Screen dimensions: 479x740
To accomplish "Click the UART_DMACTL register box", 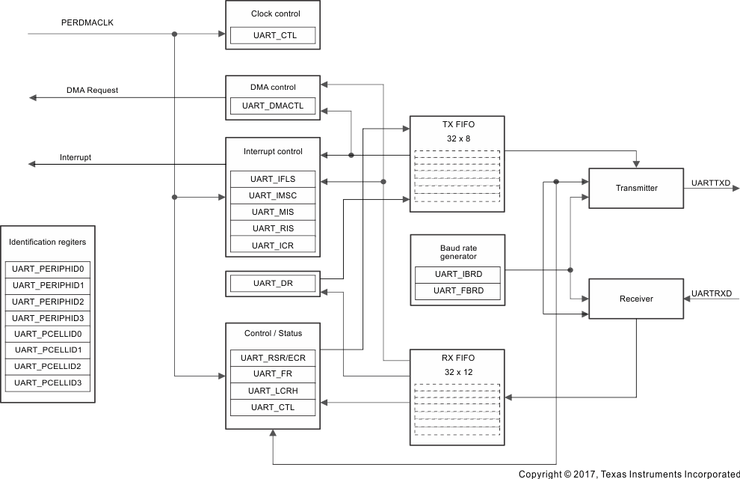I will (273, 106).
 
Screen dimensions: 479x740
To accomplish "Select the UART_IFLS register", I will (273, 179).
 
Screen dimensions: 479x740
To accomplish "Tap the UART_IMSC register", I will (273, 195).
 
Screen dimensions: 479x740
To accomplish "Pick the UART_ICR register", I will (273, 245).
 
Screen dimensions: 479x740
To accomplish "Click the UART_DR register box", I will (273, 283).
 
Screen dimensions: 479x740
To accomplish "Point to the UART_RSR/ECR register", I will (273, 359).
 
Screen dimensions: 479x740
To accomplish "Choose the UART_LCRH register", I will (273, 391).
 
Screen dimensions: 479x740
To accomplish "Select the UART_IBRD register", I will (457, 274).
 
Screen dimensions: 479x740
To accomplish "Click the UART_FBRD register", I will (457, 290).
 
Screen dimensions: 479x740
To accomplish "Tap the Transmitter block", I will (636, 188).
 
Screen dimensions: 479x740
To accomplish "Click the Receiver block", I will (636, 299).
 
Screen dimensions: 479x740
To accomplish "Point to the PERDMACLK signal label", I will (87, 22).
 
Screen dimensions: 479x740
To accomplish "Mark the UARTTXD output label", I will (711, 183).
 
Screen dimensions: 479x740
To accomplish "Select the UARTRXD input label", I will (712, 293).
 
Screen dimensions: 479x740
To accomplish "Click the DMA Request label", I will (92, 91).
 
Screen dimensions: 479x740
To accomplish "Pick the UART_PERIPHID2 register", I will (48, 301).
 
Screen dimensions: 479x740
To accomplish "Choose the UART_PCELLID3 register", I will (48, 383).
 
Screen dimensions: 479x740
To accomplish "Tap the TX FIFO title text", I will (457, 125).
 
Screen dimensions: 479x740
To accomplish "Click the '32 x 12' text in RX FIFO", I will (457, 371).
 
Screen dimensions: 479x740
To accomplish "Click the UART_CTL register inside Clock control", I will (273, 35).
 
